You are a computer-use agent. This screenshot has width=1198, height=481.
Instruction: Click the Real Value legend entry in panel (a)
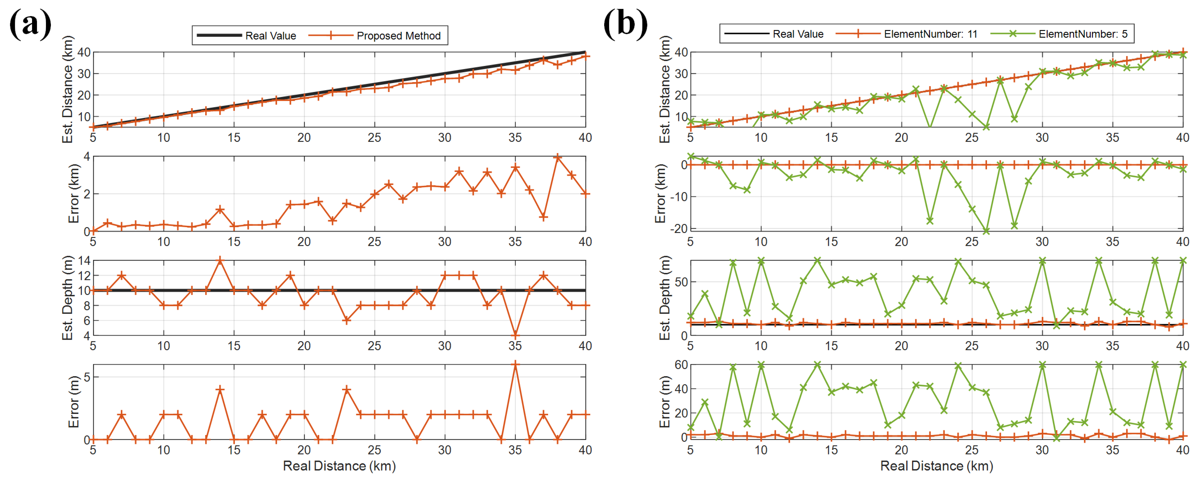pos(247,35)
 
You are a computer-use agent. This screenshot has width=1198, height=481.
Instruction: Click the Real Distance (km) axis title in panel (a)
pos(340,466)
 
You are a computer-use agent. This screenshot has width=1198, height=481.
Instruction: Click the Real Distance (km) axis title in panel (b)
pos(937,466)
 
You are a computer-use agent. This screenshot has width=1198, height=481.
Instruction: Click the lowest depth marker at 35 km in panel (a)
pos(515,335)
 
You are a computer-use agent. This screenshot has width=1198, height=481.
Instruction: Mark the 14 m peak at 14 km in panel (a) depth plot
pos(220,261)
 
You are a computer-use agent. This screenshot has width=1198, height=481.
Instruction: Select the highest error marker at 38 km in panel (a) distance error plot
pos(558,158)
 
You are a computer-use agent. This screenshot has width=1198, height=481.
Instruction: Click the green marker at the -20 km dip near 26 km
pos(986,231)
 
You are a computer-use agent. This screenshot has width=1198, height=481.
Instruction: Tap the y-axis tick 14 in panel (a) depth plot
pos(84,261)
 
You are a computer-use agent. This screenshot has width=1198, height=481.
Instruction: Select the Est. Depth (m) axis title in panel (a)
pos(68,298)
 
